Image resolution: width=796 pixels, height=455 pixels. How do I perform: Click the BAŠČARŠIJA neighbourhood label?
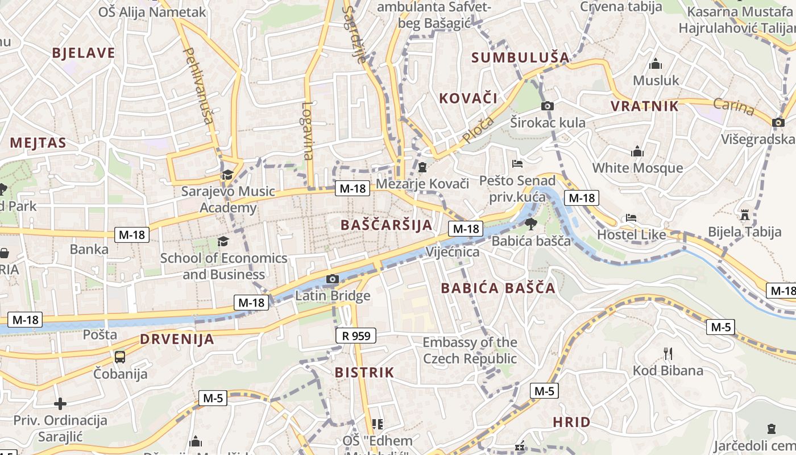point(387,225)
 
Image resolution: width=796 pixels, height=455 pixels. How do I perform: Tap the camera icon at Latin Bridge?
point(333,279)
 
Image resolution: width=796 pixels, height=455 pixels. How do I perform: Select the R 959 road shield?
point(356,336)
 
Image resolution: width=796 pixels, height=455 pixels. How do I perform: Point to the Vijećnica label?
point(453,251)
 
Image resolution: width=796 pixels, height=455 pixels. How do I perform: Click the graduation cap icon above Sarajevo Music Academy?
point(227,175)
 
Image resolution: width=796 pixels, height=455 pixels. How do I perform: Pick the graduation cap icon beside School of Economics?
point(223,242)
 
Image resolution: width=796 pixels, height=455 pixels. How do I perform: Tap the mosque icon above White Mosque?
point(637,151)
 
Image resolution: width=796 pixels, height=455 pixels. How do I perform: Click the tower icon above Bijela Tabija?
point(744,215)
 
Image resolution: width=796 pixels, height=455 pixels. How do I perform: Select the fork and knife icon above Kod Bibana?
point(668,354)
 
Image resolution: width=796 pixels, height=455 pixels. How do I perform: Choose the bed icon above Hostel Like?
point(631,218)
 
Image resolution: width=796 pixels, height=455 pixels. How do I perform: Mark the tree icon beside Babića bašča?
point(530,224)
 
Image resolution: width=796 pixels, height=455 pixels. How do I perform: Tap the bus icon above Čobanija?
point(120,357)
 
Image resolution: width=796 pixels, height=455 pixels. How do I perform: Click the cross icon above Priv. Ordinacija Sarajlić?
point(60,404)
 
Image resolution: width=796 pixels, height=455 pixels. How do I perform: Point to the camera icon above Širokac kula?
point(548,106)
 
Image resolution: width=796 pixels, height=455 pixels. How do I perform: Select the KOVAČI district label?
point(468,98)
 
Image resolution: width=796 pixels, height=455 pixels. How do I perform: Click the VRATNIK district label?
point(645,106)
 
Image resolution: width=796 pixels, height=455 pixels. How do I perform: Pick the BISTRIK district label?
point(364,373)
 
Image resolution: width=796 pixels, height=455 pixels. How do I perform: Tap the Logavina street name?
point(308,131)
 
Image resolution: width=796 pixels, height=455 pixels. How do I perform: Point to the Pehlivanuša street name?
point(198,85)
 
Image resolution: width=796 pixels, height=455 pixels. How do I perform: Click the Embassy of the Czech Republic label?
point(470,350)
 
